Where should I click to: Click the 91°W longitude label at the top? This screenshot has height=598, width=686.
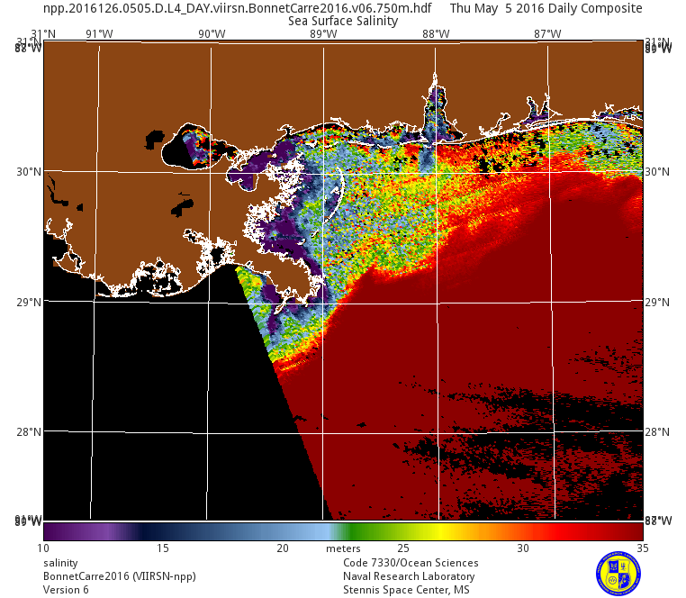[99, 34]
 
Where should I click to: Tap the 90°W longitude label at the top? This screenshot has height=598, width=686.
[212, 34]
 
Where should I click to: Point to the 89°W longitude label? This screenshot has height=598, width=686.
[323, 34]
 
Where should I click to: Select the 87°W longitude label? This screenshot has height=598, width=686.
[547, 34]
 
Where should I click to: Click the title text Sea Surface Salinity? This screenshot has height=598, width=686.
[343, 21]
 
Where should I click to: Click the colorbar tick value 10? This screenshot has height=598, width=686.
[43, 548]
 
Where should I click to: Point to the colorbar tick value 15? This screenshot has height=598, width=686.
[163, 548]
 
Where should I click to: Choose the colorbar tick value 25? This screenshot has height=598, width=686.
[403, 548]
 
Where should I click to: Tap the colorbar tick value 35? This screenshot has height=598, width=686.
[643, 548]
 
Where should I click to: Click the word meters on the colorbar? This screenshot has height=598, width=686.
[343, 548]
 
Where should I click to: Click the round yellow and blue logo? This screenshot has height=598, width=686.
[618, 572]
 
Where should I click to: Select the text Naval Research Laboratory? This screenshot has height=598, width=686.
[409, 576]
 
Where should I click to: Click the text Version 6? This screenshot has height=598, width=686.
[66, 590]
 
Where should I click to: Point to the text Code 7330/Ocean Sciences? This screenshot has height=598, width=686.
[411, 563]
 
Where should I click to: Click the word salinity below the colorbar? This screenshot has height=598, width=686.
[61, 563]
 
